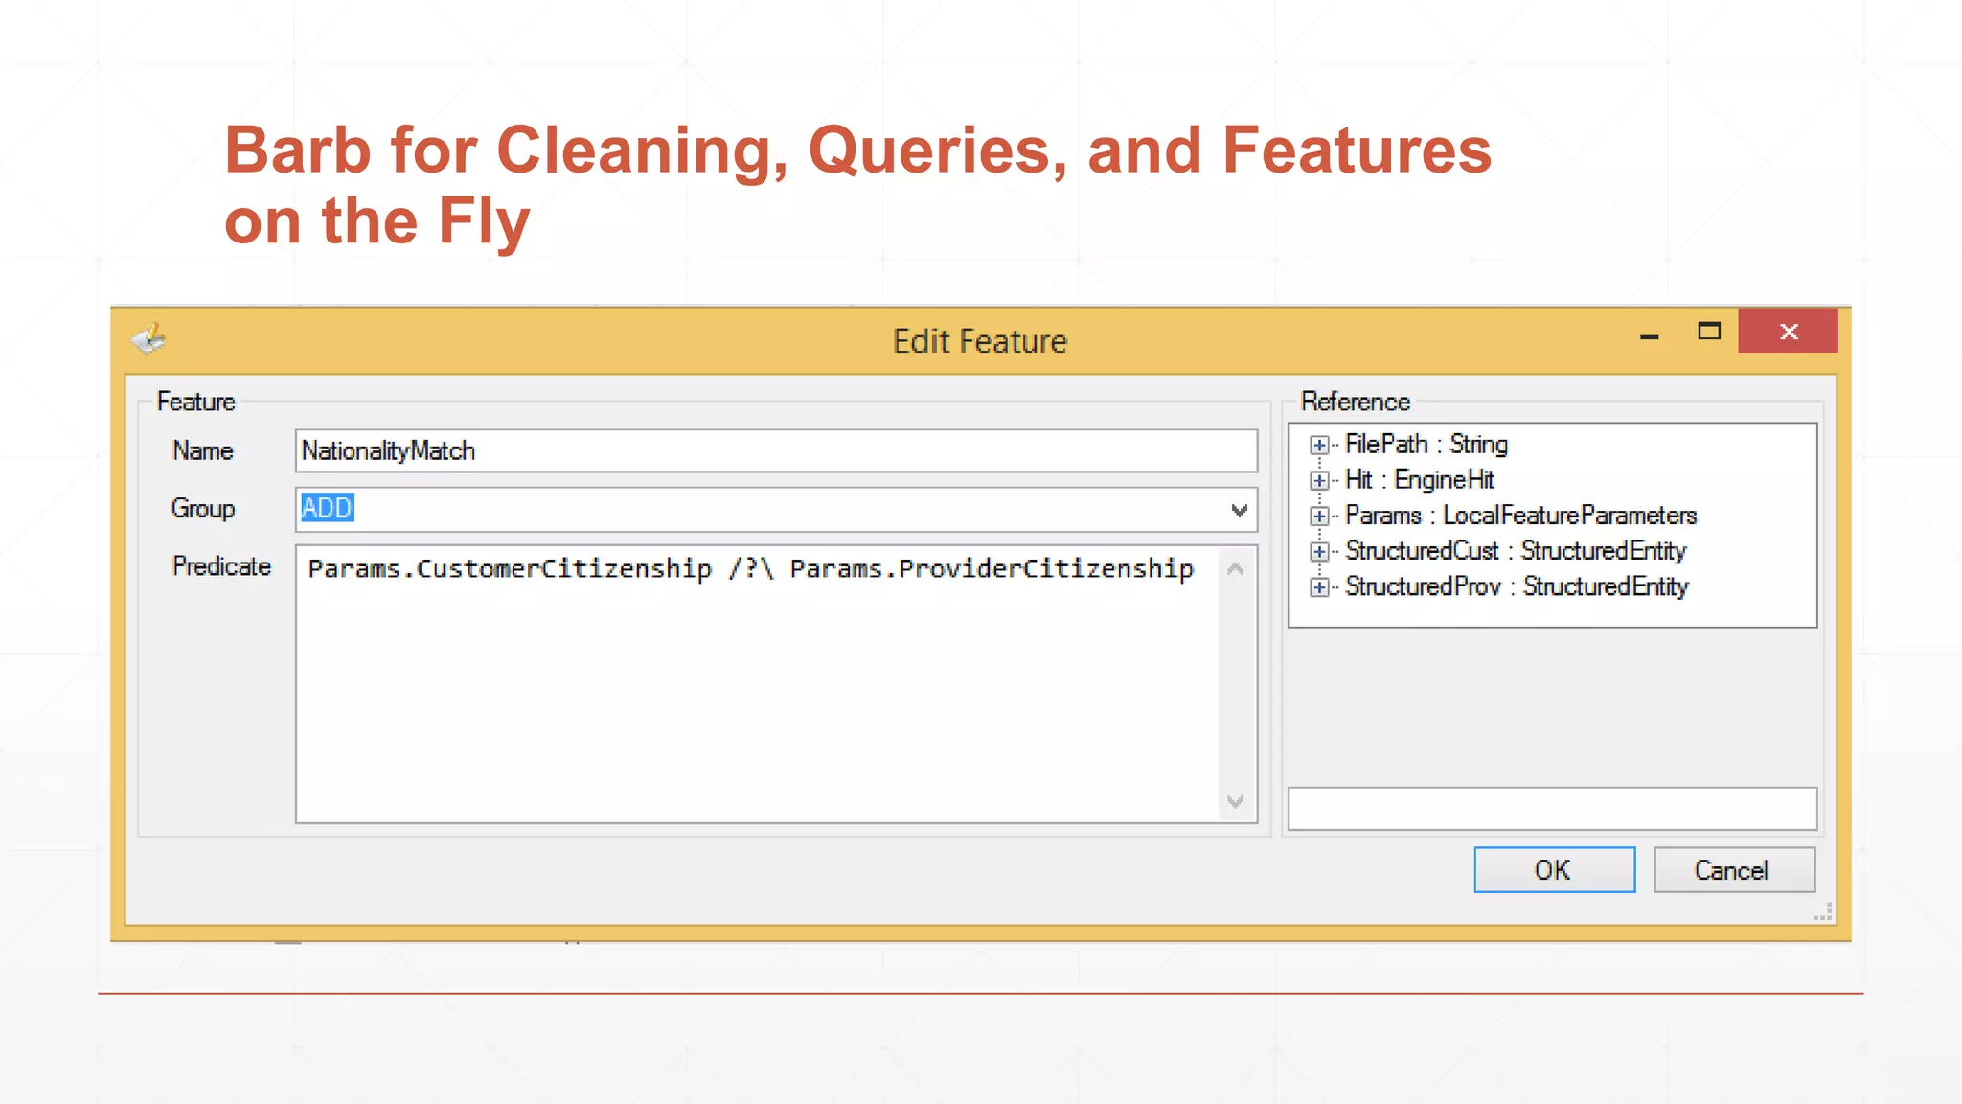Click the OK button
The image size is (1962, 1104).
click(1553, 869)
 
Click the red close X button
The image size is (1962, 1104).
click(1788, 332)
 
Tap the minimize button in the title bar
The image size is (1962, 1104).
click(1649, 335)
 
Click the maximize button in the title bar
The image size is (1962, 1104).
click(1708, 332)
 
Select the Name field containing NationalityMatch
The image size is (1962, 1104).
click(775, 450)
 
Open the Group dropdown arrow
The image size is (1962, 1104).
click(1239, 510)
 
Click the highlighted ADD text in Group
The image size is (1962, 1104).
click(327, 508)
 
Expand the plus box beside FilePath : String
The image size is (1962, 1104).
click(1319, 445)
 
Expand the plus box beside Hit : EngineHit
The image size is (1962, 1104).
click(1319, 480)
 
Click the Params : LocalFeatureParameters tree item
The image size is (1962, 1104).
click(1520, 516)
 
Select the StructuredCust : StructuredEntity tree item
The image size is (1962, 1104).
click(1515, 551)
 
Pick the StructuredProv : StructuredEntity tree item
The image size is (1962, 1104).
click(1516, 586)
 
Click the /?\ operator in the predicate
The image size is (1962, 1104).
click(750, 568)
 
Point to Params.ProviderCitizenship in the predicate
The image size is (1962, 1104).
click(992, 568)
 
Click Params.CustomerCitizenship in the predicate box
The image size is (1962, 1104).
click(510, 568)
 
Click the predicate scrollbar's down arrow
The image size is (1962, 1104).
click(1235, 801)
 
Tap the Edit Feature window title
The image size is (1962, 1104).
click(979, 341)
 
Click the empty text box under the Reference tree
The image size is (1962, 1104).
click(1551, 808)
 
